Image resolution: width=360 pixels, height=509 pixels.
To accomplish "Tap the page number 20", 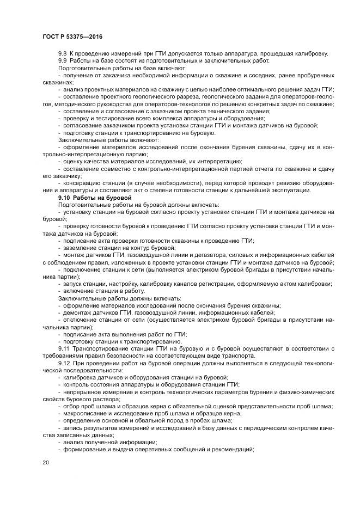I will [45, 462].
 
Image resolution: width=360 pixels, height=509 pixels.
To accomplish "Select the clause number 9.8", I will [63, 53].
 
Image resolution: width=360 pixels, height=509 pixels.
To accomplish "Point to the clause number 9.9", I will [63, 60].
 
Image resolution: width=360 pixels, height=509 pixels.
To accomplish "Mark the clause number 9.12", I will [65, 363].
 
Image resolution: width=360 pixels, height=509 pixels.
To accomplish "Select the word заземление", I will [78, 248].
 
